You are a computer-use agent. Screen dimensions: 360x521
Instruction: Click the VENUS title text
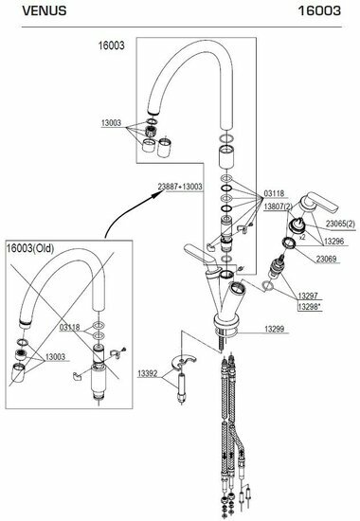point(45,11)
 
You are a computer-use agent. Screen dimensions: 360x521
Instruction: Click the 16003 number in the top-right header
point(319,11)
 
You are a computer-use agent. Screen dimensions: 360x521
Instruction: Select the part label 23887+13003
point(180,187)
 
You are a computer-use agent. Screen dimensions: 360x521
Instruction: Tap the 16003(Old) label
point(30,248)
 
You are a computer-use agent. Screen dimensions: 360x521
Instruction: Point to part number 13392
point(148,373)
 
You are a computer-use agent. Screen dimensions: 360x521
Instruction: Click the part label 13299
point(274,329)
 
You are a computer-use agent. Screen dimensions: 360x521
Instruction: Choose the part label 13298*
point(310,306)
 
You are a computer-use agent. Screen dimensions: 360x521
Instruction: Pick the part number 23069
point(326,259)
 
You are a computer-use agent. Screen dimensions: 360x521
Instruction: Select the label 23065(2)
point(340,224)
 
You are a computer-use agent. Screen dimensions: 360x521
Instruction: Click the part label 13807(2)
point(279,207)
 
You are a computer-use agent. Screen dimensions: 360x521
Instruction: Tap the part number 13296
point(334,242)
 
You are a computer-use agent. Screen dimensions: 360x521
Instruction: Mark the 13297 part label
point(308,296)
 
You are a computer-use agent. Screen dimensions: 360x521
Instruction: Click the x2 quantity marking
point(302,237)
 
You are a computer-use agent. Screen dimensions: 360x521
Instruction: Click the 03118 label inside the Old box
point(70,328)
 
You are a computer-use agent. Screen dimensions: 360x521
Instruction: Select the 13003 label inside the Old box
point(55,357)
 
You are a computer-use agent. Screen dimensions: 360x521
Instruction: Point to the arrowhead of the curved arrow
point(155,194)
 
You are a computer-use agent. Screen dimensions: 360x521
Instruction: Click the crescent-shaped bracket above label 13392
point(184,362)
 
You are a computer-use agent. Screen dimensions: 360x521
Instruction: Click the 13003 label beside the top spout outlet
point(112,123)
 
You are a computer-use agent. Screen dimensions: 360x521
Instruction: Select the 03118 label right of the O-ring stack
point(274,193)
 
